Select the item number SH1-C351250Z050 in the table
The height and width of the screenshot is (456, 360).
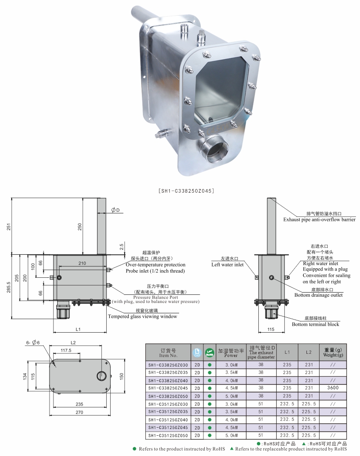[168, 436]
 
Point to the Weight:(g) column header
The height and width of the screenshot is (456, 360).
[333, 352]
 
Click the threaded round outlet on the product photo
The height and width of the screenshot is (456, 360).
[214, 149]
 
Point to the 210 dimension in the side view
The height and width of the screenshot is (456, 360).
[82, 263]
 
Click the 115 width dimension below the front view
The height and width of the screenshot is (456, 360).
[270, 330]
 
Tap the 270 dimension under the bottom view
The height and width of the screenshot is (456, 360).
[80, 411]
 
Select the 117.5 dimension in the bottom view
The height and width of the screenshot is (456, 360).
[66, 350]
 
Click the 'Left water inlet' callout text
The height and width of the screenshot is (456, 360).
[228, 265]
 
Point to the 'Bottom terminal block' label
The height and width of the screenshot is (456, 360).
[315, 324]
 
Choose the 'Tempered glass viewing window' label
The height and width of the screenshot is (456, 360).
[142, 316]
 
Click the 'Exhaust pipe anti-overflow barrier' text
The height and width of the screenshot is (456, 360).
[319, 220]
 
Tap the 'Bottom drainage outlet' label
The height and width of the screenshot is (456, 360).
[318, 295]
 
